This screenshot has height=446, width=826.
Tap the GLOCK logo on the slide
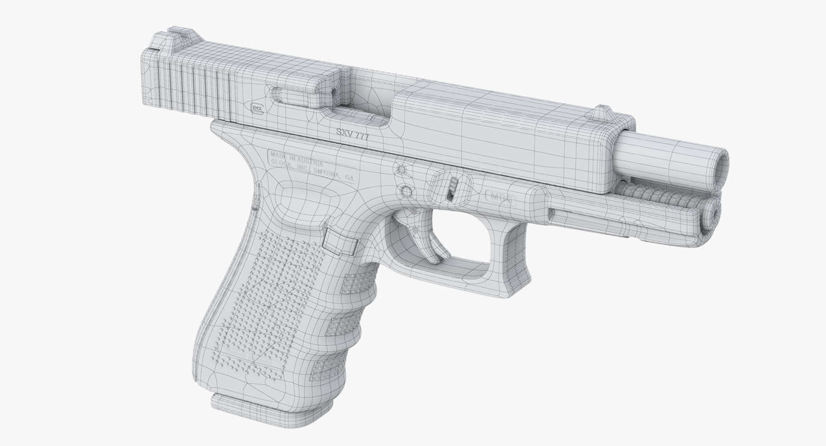(x=257, y=109)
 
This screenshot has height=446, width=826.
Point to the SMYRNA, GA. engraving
(x=334, y=172)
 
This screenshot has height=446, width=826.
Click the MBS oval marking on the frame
(x=501, y=196)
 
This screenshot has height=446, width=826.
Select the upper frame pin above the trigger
(x=400, y=169)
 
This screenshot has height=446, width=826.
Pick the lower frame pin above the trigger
(x=406, y=192)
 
